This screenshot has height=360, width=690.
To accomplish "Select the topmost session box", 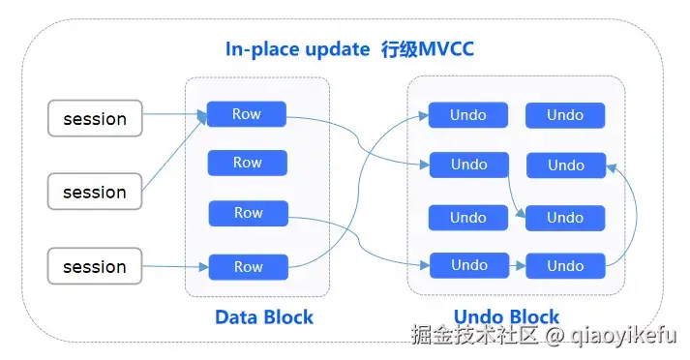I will tap(95, 119).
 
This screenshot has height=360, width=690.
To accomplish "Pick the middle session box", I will tap(95, 192).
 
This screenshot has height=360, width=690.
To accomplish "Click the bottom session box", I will tap(95, 266).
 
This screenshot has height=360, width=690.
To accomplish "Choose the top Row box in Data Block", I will tap(248, 114).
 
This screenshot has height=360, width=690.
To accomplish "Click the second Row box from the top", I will tap(248, 163).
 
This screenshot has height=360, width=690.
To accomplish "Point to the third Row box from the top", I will tap(248, 213).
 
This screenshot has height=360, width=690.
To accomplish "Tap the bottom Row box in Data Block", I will tap(248, 266).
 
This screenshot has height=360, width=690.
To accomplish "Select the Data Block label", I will tap(264, 316).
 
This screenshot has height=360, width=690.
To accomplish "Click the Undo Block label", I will tap(506, 316).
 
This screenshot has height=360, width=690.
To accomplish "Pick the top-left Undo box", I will tap(468, 115).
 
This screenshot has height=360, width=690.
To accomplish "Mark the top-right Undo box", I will tap(565, 115).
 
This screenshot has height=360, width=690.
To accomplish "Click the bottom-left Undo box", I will tap(468, 265).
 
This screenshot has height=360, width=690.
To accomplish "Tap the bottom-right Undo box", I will tap(565, 265).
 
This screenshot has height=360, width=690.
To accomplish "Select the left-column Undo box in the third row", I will tap(468, 217).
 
